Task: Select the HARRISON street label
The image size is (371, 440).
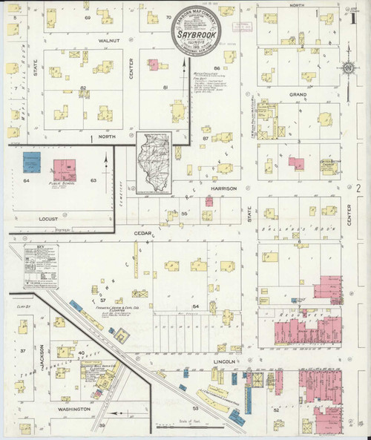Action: pyautogui.click(x=223, y=188)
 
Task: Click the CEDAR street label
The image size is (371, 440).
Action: pyautogui.click(x=143, y=234)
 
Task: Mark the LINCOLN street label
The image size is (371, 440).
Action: pyautogui.click(x=223, y=361)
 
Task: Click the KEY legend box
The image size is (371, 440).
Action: pyautogui.click(x=42, y=266)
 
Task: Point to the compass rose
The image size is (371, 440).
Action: pyautogui.click(x=347, y=69)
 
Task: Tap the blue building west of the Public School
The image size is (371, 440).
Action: pyautogui.click(x=32, y=162)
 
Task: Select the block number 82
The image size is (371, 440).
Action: pyautogui.click(x=84, y=88)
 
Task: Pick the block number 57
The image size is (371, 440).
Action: pyautogui.click(x=103, y=300)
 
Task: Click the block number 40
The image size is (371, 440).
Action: pyautogui.click(x=81, y=352)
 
